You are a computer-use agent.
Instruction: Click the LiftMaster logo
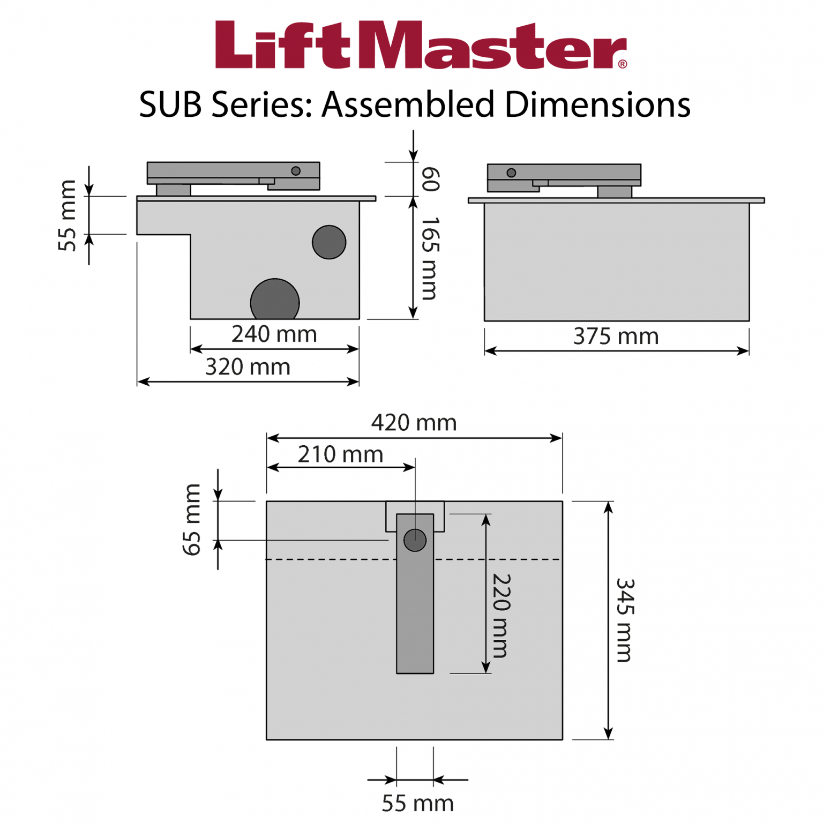pyautogui.click(x=420, y=46)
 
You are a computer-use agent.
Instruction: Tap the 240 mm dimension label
pyautogui.click(x=274, y=334)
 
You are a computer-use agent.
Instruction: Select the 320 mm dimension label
pyautogui.click(x=248, y=368)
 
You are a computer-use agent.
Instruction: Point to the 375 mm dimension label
pyautogui.click(x=616, y=337)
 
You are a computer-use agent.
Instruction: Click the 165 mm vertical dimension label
pyautogui.click(x=430, y=258)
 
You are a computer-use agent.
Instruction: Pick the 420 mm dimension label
pyautogui.click(x=414, y=423)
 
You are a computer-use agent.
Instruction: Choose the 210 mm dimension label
pyautogui.click(x=340, y=454)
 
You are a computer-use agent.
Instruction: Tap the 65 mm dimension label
pyautogui.click(x=192, y=519)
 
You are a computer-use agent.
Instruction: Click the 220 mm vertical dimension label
pyautogui.click(x=502, y=615)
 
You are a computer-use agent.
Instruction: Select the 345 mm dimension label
pyautogui.click(x=625, y=620)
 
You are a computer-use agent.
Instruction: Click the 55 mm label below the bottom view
pyautogui.click(x=417, y=803)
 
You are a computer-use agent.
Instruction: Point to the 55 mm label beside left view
pyautogui.click(x=68, y=215)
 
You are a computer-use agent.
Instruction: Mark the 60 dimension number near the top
pyautogui.click(x=430, y=179)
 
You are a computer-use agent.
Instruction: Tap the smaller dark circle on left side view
pyautogui.click(x=329, y=242)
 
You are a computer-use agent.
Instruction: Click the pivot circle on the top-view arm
pyautogui.click(x=415, y=540)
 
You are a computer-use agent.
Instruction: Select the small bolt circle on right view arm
pyautogui.click(x=511, y=173)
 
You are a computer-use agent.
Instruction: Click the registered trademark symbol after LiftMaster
pyautogui.click(x=622, y=64)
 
